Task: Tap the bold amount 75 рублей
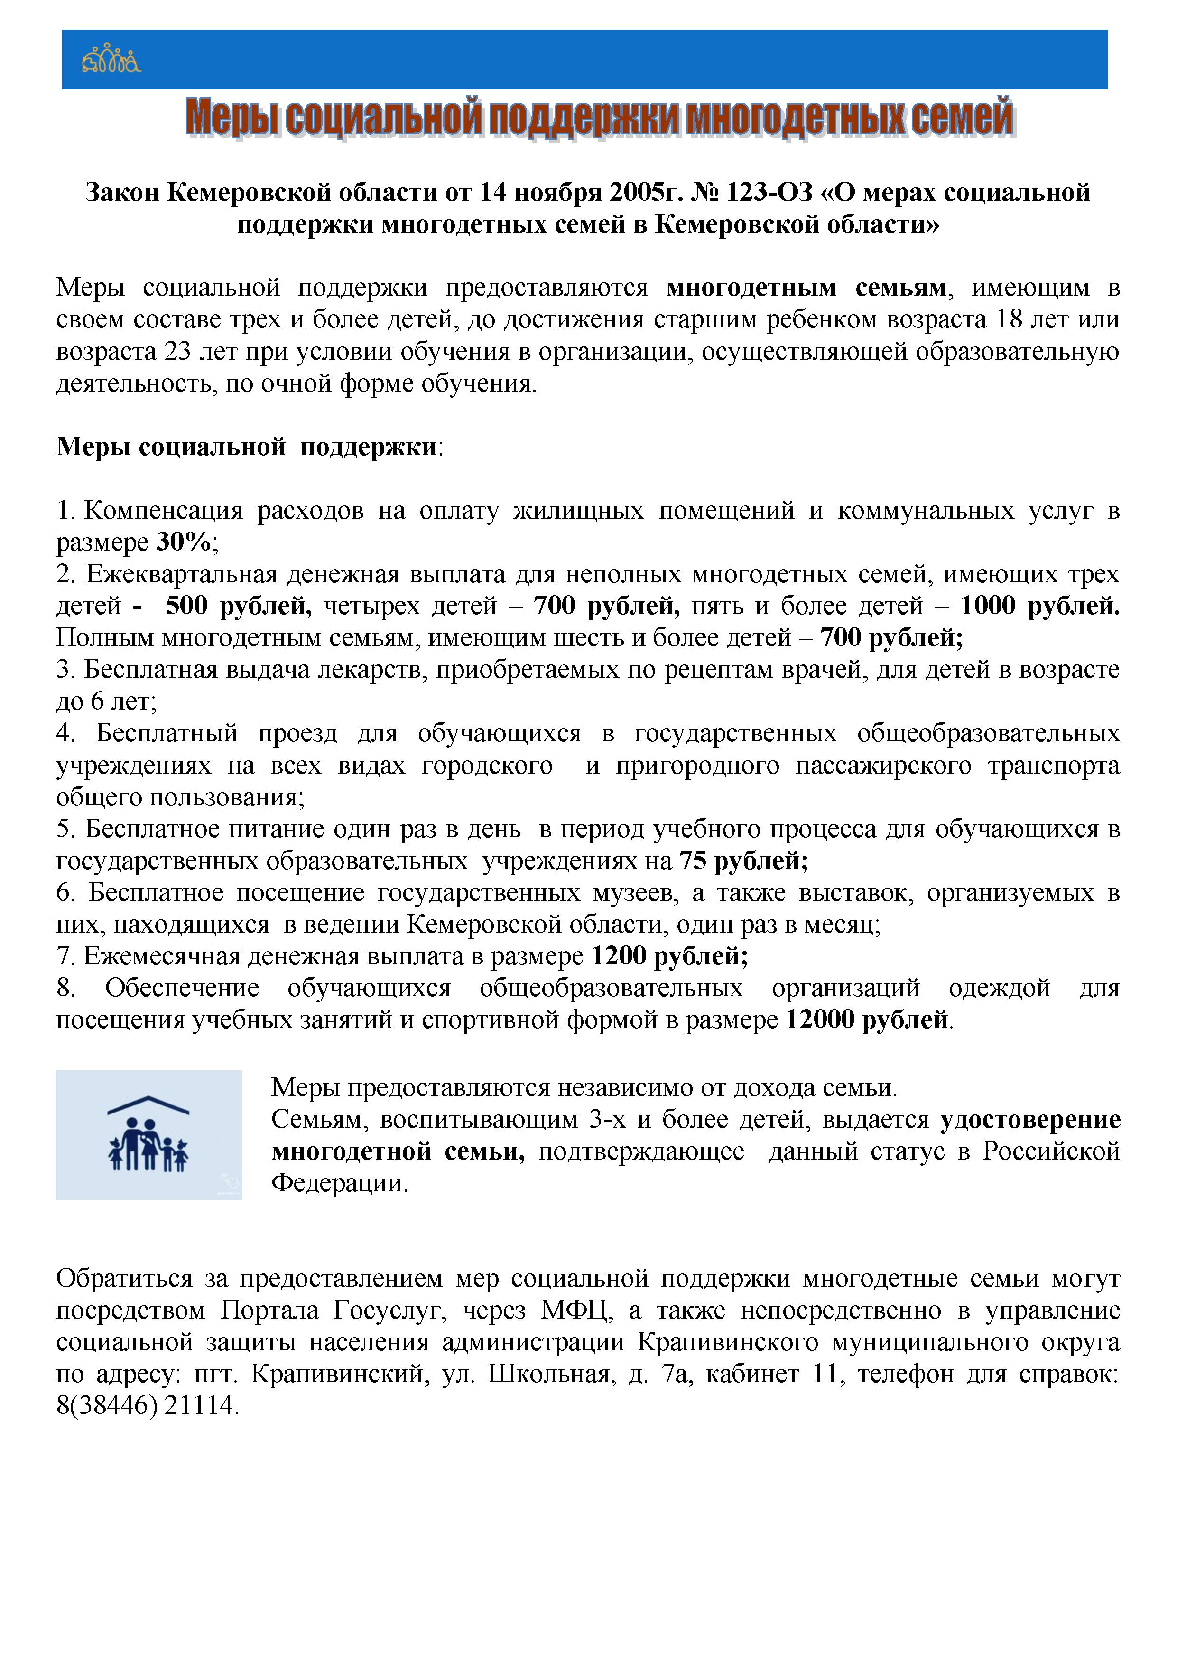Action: click(x=743, y=861)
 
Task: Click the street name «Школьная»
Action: click(x=548, y=1374)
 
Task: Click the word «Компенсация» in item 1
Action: click(x=164, y=511)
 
